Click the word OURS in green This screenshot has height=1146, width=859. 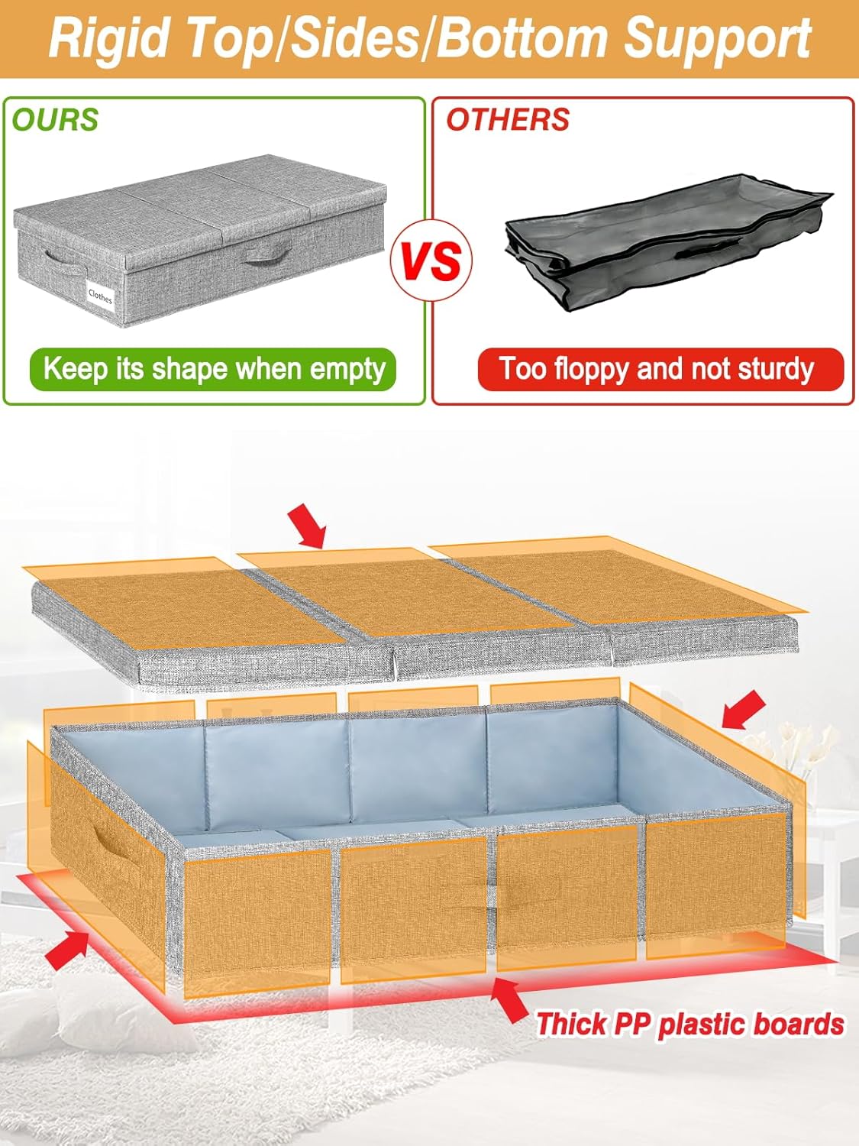click(55, 120)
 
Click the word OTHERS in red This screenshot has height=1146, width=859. click(508, 120)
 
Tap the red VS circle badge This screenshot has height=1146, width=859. click(431, 260)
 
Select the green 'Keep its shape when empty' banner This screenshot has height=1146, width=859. click(213, 369)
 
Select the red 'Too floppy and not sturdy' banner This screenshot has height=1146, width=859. click(660, 369)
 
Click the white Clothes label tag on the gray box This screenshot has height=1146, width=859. click(99, 295)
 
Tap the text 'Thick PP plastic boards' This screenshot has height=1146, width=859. click(689, 1024)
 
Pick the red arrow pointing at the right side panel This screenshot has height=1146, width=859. click(742, 710)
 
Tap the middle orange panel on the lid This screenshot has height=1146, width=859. click(412, 592)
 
